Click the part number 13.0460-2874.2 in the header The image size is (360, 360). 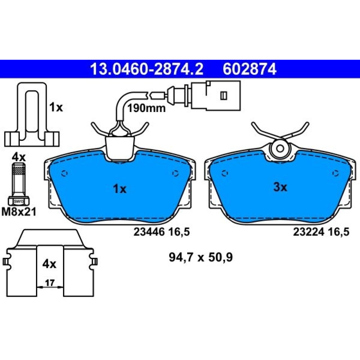tap(147, 69)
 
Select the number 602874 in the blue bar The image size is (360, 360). tap(249, 69)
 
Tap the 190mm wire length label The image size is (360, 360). tap(146, 108)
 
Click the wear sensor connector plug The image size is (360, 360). tap(215, 95)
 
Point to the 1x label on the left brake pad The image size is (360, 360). tap(120, 189)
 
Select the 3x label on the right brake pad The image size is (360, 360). tap(280, 187)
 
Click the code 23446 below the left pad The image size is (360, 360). tap(149, 232)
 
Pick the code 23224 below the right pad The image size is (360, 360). tap(309, 232)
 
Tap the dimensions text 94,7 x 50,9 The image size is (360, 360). tap(201, 257)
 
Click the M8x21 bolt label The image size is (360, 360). tap(19, 211)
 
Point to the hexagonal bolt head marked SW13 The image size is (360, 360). tap(19, 201)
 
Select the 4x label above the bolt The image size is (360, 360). tap(19, 158)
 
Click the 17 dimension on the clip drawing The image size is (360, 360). tap(50, 283)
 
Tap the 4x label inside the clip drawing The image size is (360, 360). tap(49, 264)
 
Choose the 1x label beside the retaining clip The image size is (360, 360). tap(56, 107)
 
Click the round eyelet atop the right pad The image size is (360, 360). tap(280, 148)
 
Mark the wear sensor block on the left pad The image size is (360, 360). tap(120, 147)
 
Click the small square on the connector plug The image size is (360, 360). tap(224, 95)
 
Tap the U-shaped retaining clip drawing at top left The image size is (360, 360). tap(32, 114)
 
